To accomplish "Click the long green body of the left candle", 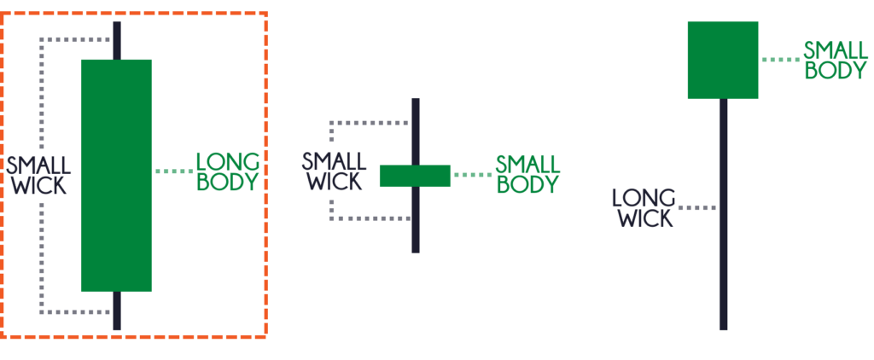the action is [x=116, y=175].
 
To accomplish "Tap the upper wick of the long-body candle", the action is [x=117, y=40].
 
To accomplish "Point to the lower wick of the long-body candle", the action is [x=117, y=311].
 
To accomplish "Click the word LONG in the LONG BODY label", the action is [x=228, y=161].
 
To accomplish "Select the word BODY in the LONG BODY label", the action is [x=228, y=182].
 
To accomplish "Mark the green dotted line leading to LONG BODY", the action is [x=174, y=171].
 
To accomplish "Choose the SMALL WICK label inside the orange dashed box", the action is [x=38, y=175].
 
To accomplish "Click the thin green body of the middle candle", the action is [x=415, y=176].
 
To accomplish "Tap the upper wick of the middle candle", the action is [x=416, y=131].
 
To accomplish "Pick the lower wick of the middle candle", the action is [x=416, y=219].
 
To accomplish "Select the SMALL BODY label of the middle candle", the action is [x=527, y=174].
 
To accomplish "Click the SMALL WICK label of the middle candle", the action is [x=334, y=171].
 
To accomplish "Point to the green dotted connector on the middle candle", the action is [x=473, y=175].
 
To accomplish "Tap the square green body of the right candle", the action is [x=723, y=60].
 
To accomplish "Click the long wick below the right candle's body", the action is [x=724, y=214].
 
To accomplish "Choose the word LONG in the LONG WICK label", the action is [x=644, y=198].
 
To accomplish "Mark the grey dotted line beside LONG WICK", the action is [x=697, y=207].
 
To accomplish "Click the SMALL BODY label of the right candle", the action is [x=836, y=61].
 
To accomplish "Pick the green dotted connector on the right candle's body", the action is [x=780, y=60].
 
